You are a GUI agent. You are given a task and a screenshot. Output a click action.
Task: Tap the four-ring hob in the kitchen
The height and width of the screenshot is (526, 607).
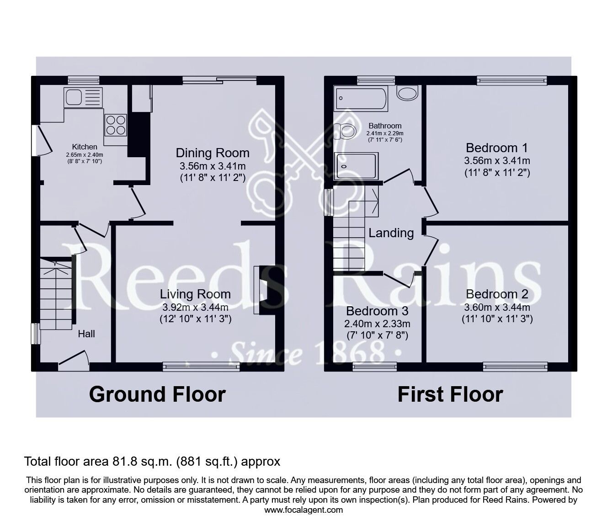116,124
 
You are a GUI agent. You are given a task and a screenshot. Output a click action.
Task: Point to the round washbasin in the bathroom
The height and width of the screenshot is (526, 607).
407,94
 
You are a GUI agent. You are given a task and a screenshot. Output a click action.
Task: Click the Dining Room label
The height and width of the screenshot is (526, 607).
213,153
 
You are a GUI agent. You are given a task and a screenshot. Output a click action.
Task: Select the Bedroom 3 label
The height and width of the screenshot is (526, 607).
377,311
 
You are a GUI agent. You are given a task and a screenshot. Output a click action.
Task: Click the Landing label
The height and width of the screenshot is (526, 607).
391,233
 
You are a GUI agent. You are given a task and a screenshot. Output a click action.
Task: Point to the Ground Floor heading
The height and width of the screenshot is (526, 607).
157,394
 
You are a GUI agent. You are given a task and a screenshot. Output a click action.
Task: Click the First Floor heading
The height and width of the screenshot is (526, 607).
450,394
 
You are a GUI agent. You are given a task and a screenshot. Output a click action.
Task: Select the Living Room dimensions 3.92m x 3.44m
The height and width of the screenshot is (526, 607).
195,307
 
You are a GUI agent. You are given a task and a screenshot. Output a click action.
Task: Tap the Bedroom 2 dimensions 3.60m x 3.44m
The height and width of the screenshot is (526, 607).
497,307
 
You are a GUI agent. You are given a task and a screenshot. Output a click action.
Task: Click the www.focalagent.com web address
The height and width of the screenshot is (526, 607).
303,510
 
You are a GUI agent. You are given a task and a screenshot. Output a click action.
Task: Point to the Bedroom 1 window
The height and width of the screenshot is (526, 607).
511,80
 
